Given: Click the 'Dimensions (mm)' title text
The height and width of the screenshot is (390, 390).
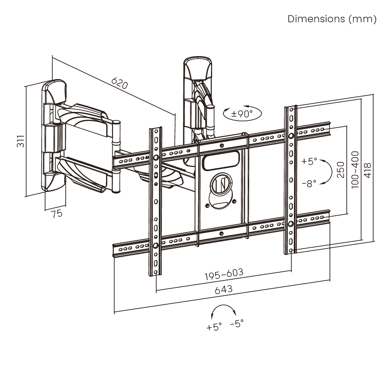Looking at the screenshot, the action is coord(332,19).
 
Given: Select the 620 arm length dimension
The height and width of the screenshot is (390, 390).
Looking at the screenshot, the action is coord(120,83).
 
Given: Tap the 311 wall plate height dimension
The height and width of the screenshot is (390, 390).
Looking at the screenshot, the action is coord(20,141).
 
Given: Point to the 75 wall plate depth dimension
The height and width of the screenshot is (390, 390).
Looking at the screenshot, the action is coord(57,214).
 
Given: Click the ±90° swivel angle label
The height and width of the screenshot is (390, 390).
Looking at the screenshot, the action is coord(242,114).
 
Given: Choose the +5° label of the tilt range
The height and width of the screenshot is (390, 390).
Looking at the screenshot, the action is coord(309,161).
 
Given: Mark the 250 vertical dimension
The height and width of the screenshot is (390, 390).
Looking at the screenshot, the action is coord(341,170).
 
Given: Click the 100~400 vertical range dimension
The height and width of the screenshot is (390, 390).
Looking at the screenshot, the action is coord(355,170).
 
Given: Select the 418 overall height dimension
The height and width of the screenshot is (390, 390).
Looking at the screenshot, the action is coord(367,170).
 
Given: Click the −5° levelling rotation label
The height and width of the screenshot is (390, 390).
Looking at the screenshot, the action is coord(237,324).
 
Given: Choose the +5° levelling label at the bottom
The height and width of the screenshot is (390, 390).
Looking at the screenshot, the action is coord(214,327).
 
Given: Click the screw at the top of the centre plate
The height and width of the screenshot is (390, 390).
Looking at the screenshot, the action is coord(222,145).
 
